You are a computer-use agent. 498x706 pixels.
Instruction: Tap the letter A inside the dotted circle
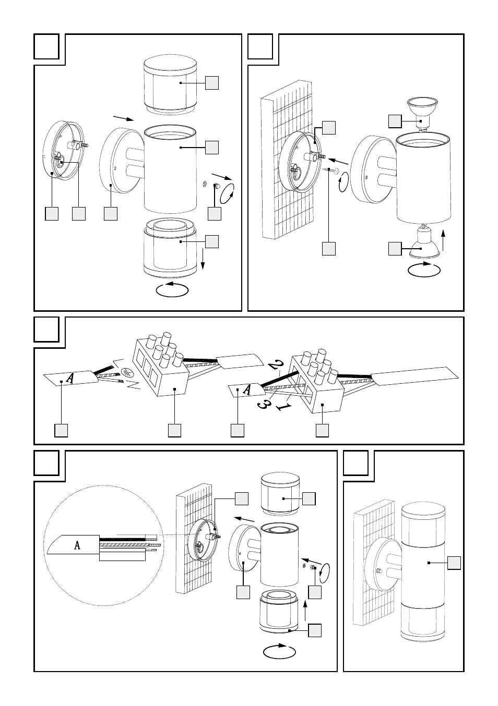[77, 545]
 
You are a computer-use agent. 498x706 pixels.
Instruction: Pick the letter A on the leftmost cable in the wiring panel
[69, 378]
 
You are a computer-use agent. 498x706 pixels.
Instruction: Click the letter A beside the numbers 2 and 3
[248, 389]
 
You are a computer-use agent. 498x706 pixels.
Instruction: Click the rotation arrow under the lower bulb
[424, 270]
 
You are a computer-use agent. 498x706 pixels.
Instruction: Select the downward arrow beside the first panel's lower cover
[203, 259]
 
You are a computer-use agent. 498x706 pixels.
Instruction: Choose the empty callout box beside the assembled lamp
[454, 563]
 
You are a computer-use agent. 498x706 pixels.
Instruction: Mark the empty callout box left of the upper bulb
[395, 121]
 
